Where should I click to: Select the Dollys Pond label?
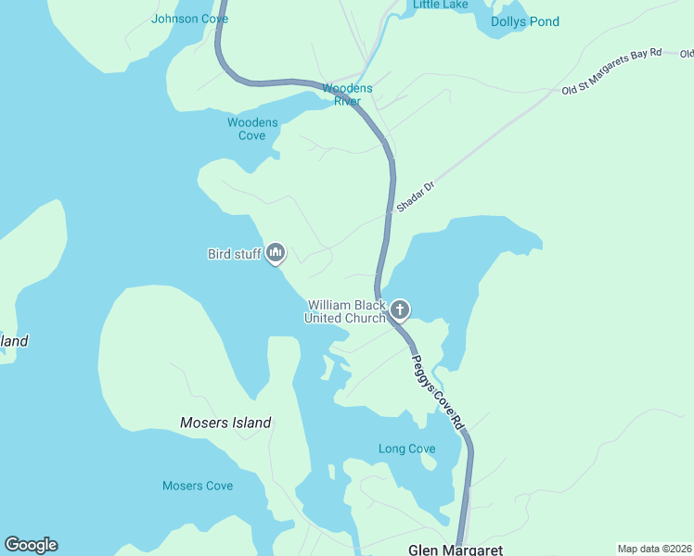[x=524, y=21]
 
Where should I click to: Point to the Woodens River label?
[x=347, y=95]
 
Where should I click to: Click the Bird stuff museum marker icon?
[x=276, y=252]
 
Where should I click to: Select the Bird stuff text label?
[x=233, y=254]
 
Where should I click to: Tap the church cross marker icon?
[x=400, y=310]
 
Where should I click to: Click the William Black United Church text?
[x=345, y=311]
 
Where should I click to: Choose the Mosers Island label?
[x=225, y=423]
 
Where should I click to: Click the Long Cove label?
[x=406, y=449]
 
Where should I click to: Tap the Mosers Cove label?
[x=198, y=486]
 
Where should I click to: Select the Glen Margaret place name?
[x=456, y=550]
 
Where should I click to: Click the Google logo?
[x=31, y=545]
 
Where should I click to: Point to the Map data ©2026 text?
[x=654, y=549]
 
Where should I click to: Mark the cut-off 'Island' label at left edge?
[x=13, y=341]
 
